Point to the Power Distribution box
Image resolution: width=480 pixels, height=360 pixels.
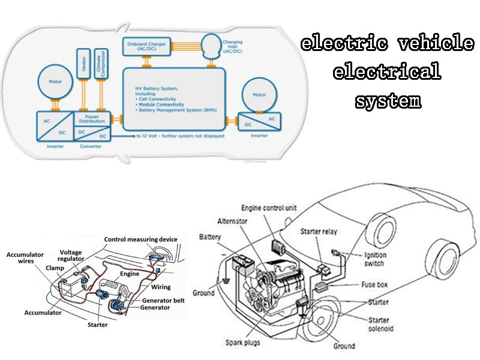[92, 118]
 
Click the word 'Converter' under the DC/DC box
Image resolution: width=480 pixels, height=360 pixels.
[91, 145]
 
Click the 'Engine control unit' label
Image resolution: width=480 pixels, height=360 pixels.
[269, 208]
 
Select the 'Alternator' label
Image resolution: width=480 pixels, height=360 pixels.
[233, 221]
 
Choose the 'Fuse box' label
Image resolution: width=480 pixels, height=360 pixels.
[376, 284]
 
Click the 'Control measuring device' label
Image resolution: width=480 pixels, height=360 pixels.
[141, 239]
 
